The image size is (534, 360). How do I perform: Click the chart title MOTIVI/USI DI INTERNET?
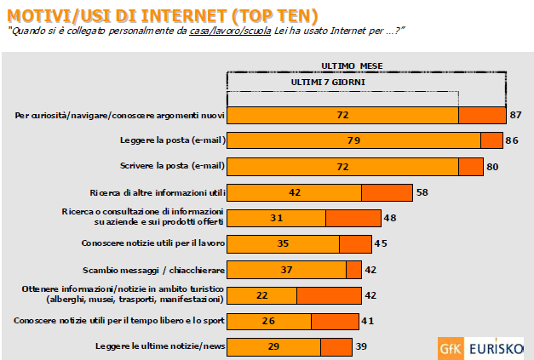click(162, 15)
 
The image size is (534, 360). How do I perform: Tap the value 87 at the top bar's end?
click(515, 115)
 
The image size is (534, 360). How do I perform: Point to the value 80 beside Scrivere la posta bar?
click(491, 167)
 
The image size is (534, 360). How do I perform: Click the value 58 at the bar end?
click(422, 192)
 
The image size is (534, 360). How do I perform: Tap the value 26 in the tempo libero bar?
click(268, 321)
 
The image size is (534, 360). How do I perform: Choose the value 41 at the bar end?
click(368, 321)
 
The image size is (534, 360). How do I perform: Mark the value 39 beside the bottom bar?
click(361, 346)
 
